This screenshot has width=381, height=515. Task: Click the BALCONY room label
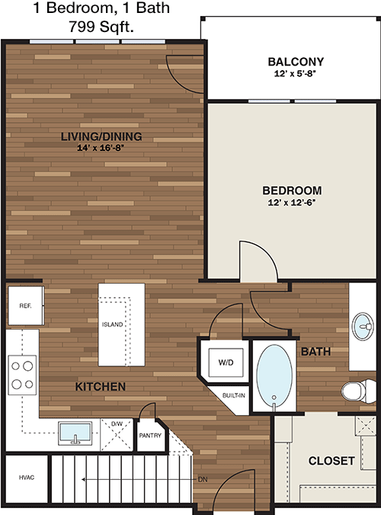coord(296,62)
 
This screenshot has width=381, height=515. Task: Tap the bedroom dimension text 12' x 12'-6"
coord(292,203)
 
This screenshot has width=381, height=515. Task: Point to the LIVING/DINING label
coord(101,137)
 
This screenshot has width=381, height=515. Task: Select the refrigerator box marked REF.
coord(26,306)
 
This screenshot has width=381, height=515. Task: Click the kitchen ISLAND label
coord(112,324)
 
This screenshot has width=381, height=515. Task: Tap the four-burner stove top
coord(22,375)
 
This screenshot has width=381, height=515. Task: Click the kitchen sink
coord(75,433)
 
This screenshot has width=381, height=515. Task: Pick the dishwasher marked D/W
coord(117,435)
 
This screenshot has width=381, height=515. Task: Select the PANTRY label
coord(150,436)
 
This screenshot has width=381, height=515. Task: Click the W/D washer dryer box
coord(226,362)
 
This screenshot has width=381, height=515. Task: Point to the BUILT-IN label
coord(234,395)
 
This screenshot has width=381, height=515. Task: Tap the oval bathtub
coord(274,377)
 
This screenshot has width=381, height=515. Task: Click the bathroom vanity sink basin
coord(363,327)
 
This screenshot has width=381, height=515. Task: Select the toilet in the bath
coord(358,391)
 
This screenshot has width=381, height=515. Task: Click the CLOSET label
coord(331,461)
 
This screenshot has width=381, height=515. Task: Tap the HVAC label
coord(27,478)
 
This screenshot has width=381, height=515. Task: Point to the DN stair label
coord(203,480)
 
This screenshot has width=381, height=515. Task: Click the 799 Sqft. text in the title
coord(101,26)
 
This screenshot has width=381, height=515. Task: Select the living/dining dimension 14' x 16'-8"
coord(101,148)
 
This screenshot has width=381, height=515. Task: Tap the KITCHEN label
coord(101,387)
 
